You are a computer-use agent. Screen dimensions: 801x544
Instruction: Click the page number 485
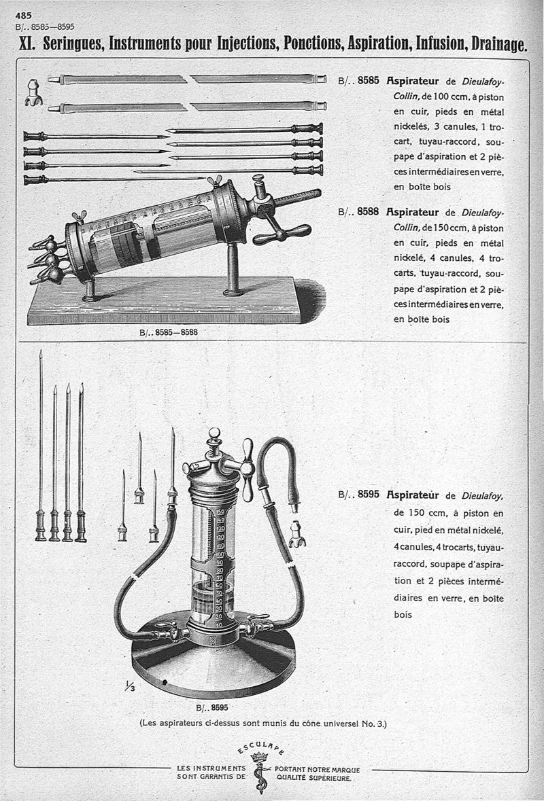tap(23, 15)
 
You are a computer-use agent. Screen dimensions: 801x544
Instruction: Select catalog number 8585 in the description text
tap(367, 79)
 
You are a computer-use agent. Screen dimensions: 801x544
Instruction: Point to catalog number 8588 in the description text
tap(367, 212)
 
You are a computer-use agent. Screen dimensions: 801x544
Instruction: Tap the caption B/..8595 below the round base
tap(211, 707)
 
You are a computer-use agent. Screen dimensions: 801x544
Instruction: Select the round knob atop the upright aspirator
tap(214, 433)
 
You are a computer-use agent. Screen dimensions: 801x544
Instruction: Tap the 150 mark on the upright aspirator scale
tap(220, 512)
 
